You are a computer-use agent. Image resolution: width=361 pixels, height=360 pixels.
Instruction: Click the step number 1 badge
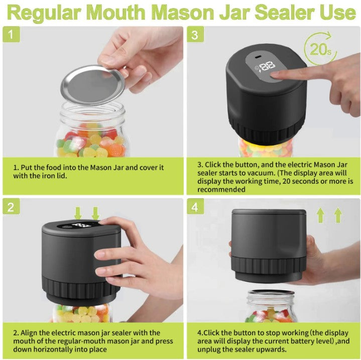(11, 35)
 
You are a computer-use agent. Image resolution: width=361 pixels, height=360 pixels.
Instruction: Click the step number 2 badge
(11, 206)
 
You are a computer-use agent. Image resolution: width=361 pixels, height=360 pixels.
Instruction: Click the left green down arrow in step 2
(78, 213)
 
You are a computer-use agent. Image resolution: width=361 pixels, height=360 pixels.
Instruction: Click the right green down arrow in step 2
(95, 213)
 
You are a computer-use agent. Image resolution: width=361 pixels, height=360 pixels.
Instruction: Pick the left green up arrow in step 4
(320, 215)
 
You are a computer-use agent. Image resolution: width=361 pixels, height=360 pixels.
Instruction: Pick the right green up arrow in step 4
(337, 215)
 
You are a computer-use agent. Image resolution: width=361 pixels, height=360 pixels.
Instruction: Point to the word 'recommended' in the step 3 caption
(221, 189)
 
